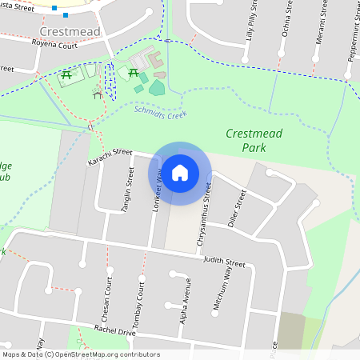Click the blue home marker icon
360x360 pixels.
pos(180,173)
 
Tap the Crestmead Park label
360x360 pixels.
pos(254,141)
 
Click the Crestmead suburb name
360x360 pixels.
pos(69,31)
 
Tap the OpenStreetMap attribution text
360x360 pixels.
pos(81,354)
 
